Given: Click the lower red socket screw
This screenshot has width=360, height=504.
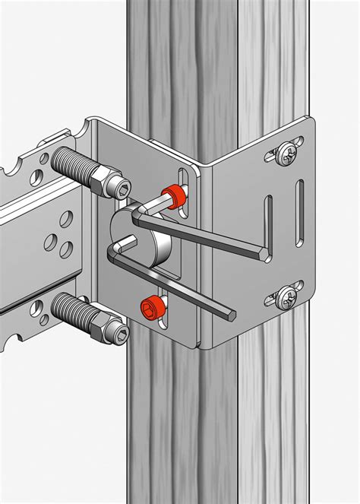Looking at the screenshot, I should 150,307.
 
